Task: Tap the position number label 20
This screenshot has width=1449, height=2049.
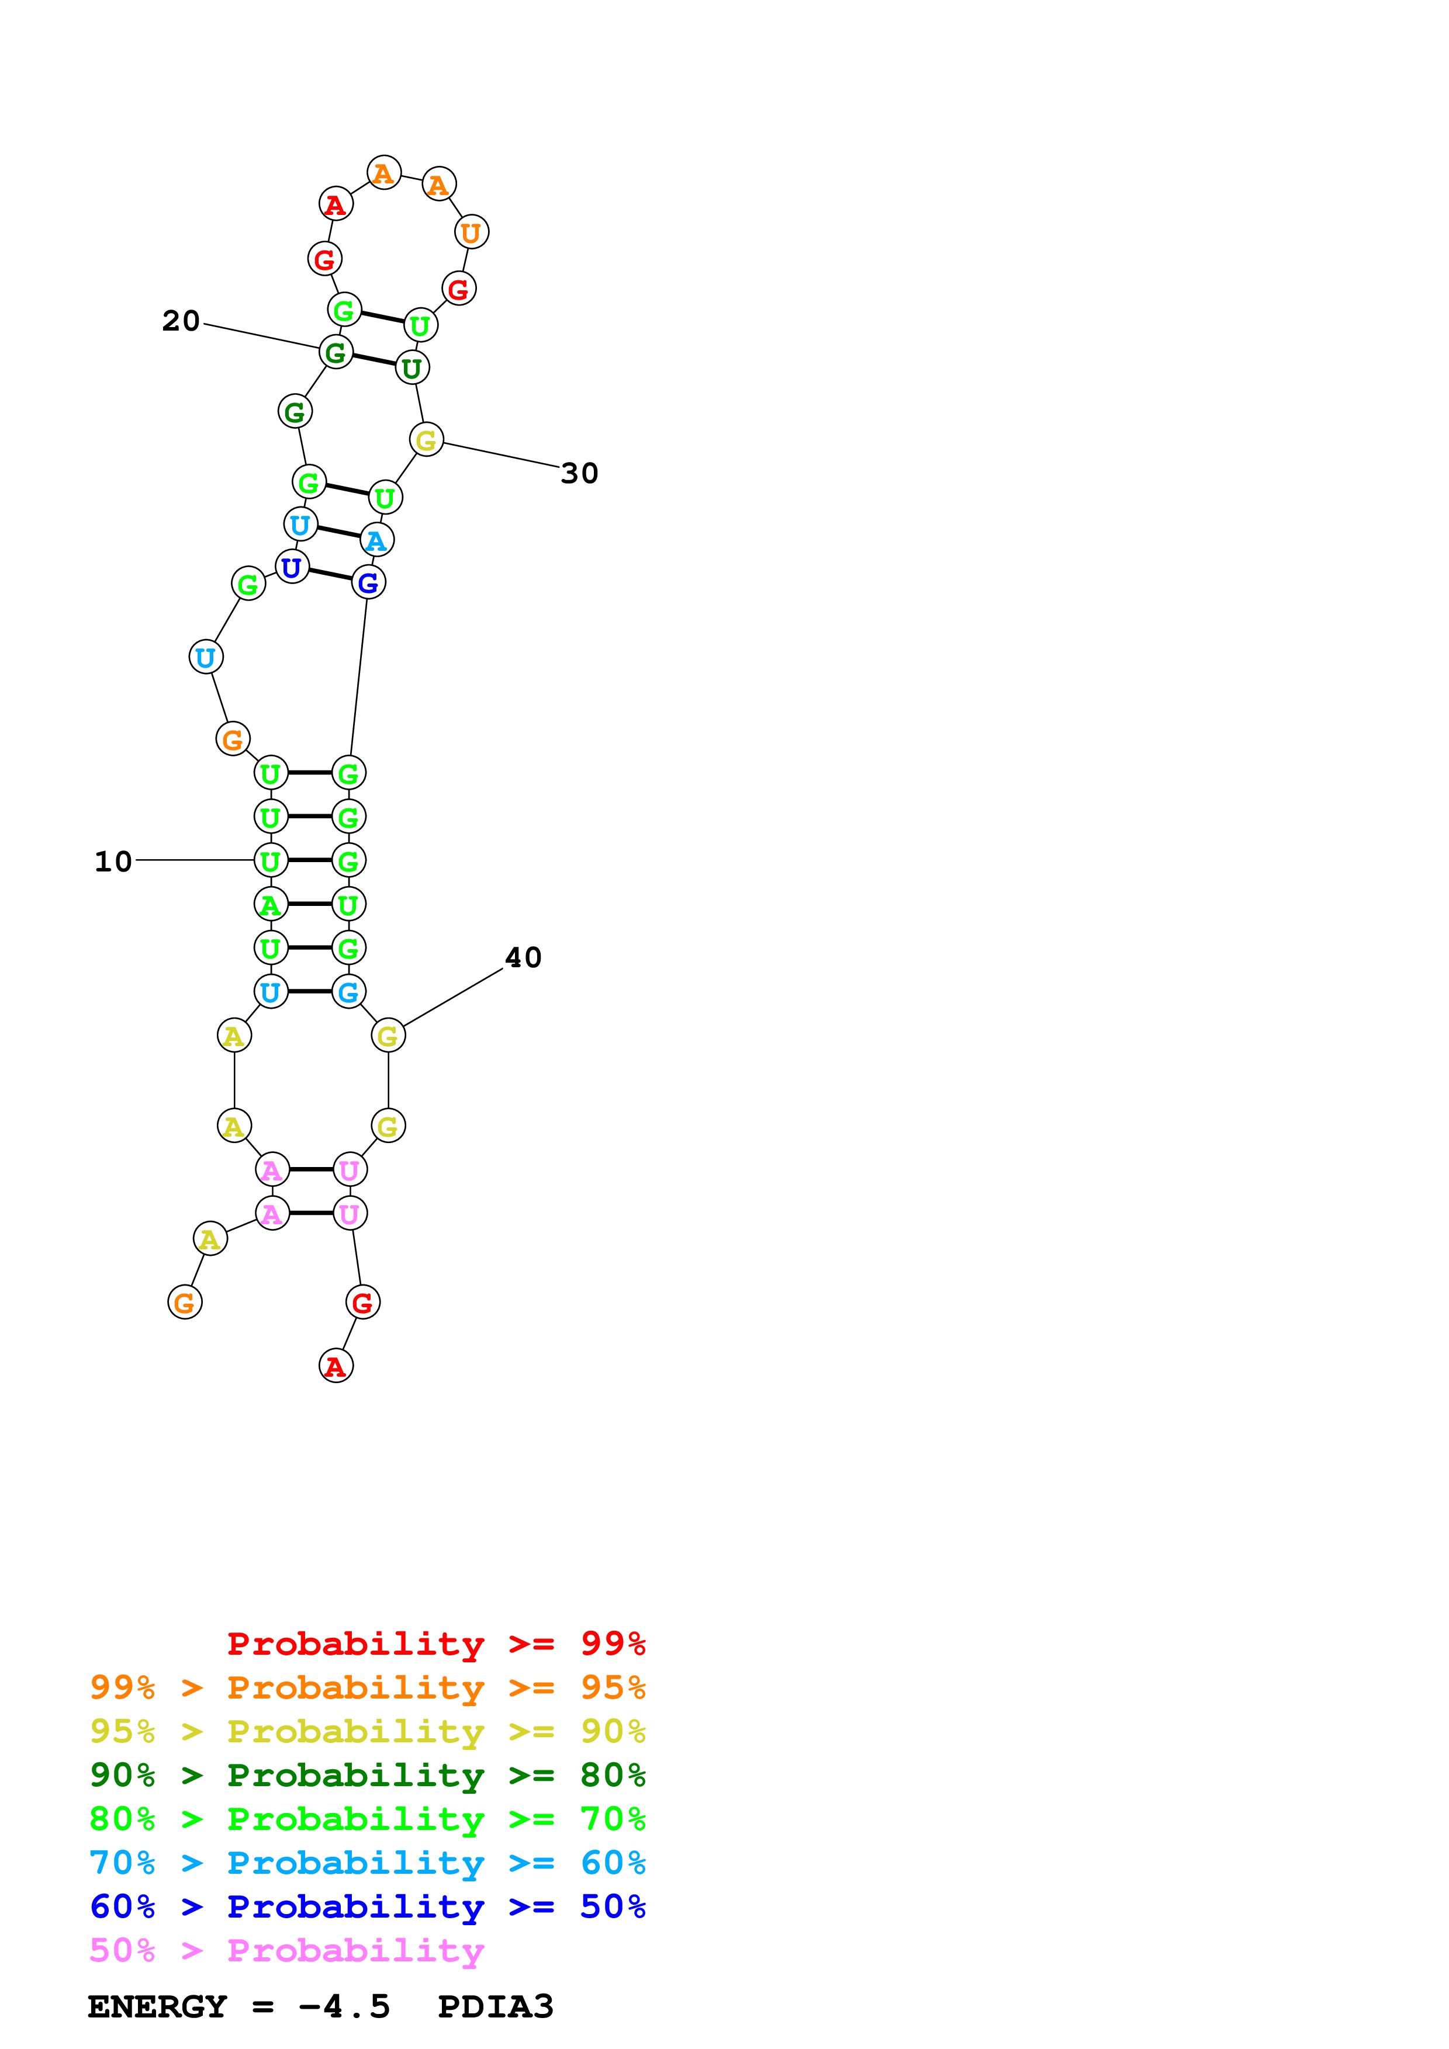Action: pos(181,321)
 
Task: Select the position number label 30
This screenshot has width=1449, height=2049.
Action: pos(579,473)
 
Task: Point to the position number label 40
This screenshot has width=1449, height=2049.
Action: pos(523,957)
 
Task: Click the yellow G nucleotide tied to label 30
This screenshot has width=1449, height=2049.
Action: pos(427,439)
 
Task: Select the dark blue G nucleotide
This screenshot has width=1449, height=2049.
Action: pos(368,583)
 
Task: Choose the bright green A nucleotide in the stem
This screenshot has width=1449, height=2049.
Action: pos(271,904)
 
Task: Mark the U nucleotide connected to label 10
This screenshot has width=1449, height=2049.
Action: pos(271,860)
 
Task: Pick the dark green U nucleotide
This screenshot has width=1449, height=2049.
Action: pos(411,367)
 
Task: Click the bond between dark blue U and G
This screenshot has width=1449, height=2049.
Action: pos(330,575)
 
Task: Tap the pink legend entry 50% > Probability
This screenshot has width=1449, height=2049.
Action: pos(286,1951)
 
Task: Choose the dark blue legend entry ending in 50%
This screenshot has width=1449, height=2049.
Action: pos(367,1907)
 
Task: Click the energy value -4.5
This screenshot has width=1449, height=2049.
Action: pos(345,2007)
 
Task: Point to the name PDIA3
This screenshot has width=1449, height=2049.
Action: pos(496,2007)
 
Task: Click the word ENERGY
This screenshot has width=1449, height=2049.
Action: pos(157,2007)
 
